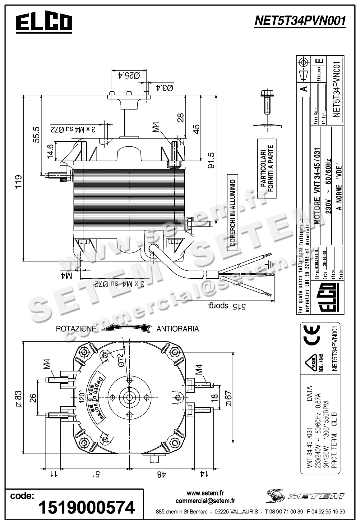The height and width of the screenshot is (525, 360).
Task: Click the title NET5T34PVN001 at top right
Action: pyautogui.click(x=300, y=21)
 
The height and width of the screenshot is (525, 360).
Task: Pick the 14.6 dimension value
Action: pyautogui.click(x=50, y=152)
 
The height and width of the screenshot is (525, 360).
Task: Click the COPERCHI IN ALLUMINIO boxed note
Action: pyautogui.click(x=233, y=213)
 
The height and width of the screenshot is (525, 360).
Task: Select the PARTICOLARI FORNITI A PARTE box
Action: pyautogui.click(x=267, y=169)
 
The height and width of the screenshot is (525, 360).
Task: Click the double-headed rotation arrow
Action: pyautogui.click(x=127, y=328)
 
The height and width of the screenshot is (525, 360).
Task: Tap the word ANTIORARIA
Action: pyautogui.click(x=178, y=329)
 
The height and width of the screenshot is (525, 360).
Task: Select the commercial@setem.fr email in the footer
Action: pyautogui.click(x=205, y=501)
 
